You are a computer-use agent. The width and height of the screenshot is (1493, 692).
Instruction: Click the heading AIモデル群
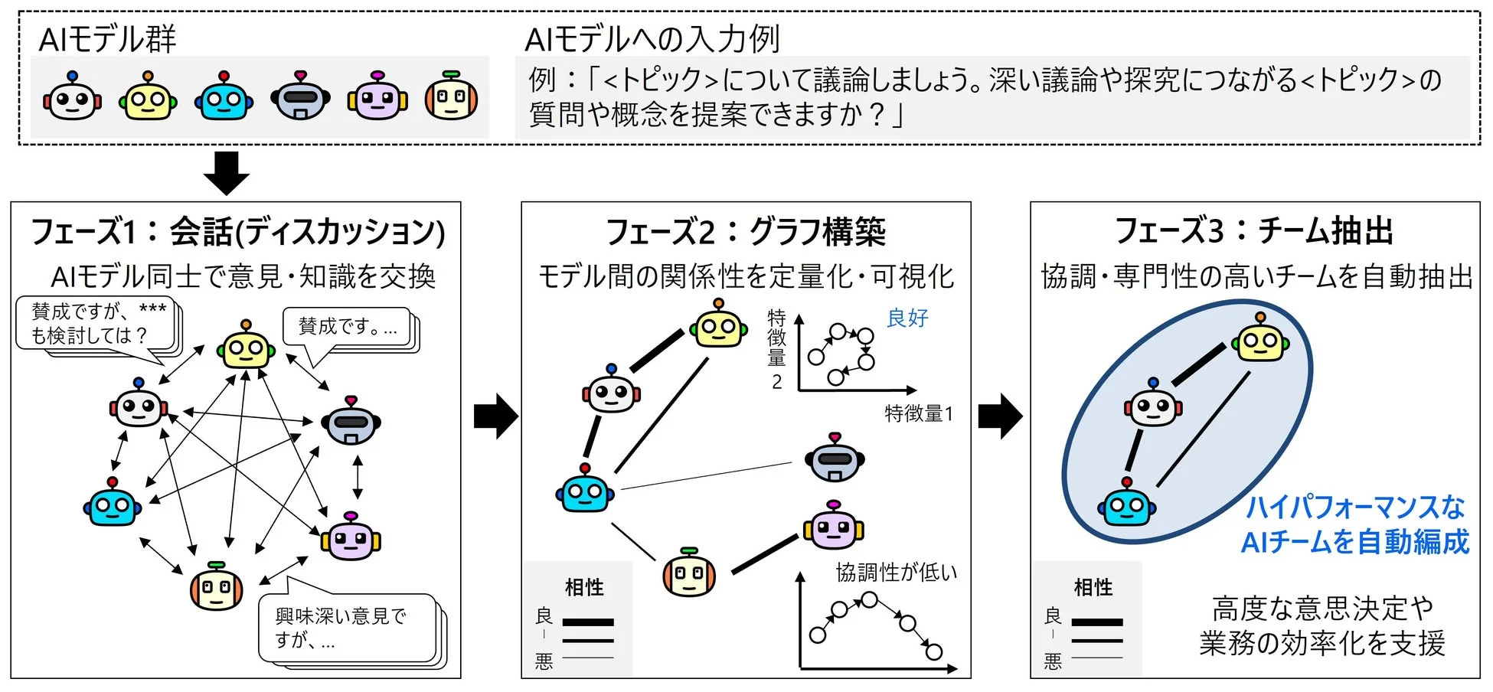pos(107,38)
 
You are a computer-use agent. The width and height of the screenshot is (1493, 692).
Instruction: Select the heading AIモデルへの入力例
pos(652,38)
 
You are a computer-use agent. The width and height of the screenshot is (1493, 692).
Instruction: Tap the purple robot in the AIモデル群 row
pos(377,96)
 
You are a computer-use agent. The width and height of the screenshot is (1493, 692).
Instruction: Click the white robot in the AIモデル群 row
pos(72,96)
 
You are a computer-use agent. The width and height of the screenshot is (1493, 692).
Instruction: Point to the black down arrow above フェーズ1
pos(227,173)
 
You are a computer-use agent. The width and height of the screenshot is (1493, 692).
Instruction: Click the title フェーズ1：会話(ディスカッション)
pos(237,232)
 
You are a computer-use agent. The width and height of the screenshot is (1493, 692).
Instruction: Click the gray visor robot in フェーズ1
pos(351,420)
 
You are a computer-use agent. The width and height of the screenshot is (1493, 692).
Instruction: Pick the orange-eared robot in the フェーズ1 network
pos(217,586)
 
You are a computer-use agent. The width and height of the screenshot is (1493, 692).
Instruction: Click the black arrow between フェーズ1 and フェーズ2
pos(495,416)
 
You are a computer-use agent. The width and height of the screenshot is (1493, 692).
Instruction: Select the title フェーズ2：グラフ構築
pos(746,231)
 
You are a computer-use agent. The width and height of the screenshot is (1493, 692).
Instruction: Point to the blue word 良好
pos(907,318)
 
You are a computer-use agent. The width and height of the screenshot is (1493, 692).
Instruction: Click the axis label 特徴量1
pos(919,414)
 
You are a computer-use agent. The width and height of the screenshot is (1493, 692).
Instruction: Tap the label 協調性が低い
pos(897,572)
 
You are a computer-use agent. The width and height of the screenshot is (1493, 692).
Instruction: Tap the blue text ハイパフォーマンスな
pos(1355,507)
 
